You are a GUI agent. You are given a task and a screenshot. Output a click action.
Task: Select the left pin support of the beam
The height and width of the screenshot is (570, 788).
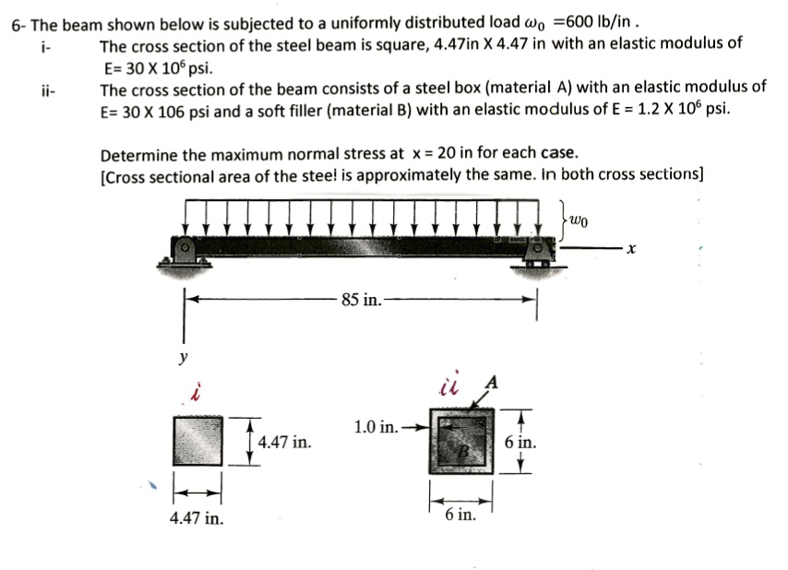click(185, 249)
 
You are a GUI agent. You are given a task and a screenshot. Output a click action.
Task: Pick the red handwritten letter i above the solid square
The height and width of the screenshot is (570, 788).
click(195, 394)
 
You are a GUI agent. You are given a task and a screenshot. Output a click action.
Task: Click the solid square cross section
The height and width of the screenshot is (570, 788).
click(197, 441)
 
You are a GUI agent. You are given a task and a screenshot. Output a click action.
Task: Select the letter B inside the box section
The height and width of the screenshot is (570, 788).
click(467, 451)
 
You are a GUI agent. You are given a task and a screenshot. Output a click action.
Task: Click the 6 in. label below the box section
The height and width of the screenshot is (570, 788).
click(460, 513)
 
